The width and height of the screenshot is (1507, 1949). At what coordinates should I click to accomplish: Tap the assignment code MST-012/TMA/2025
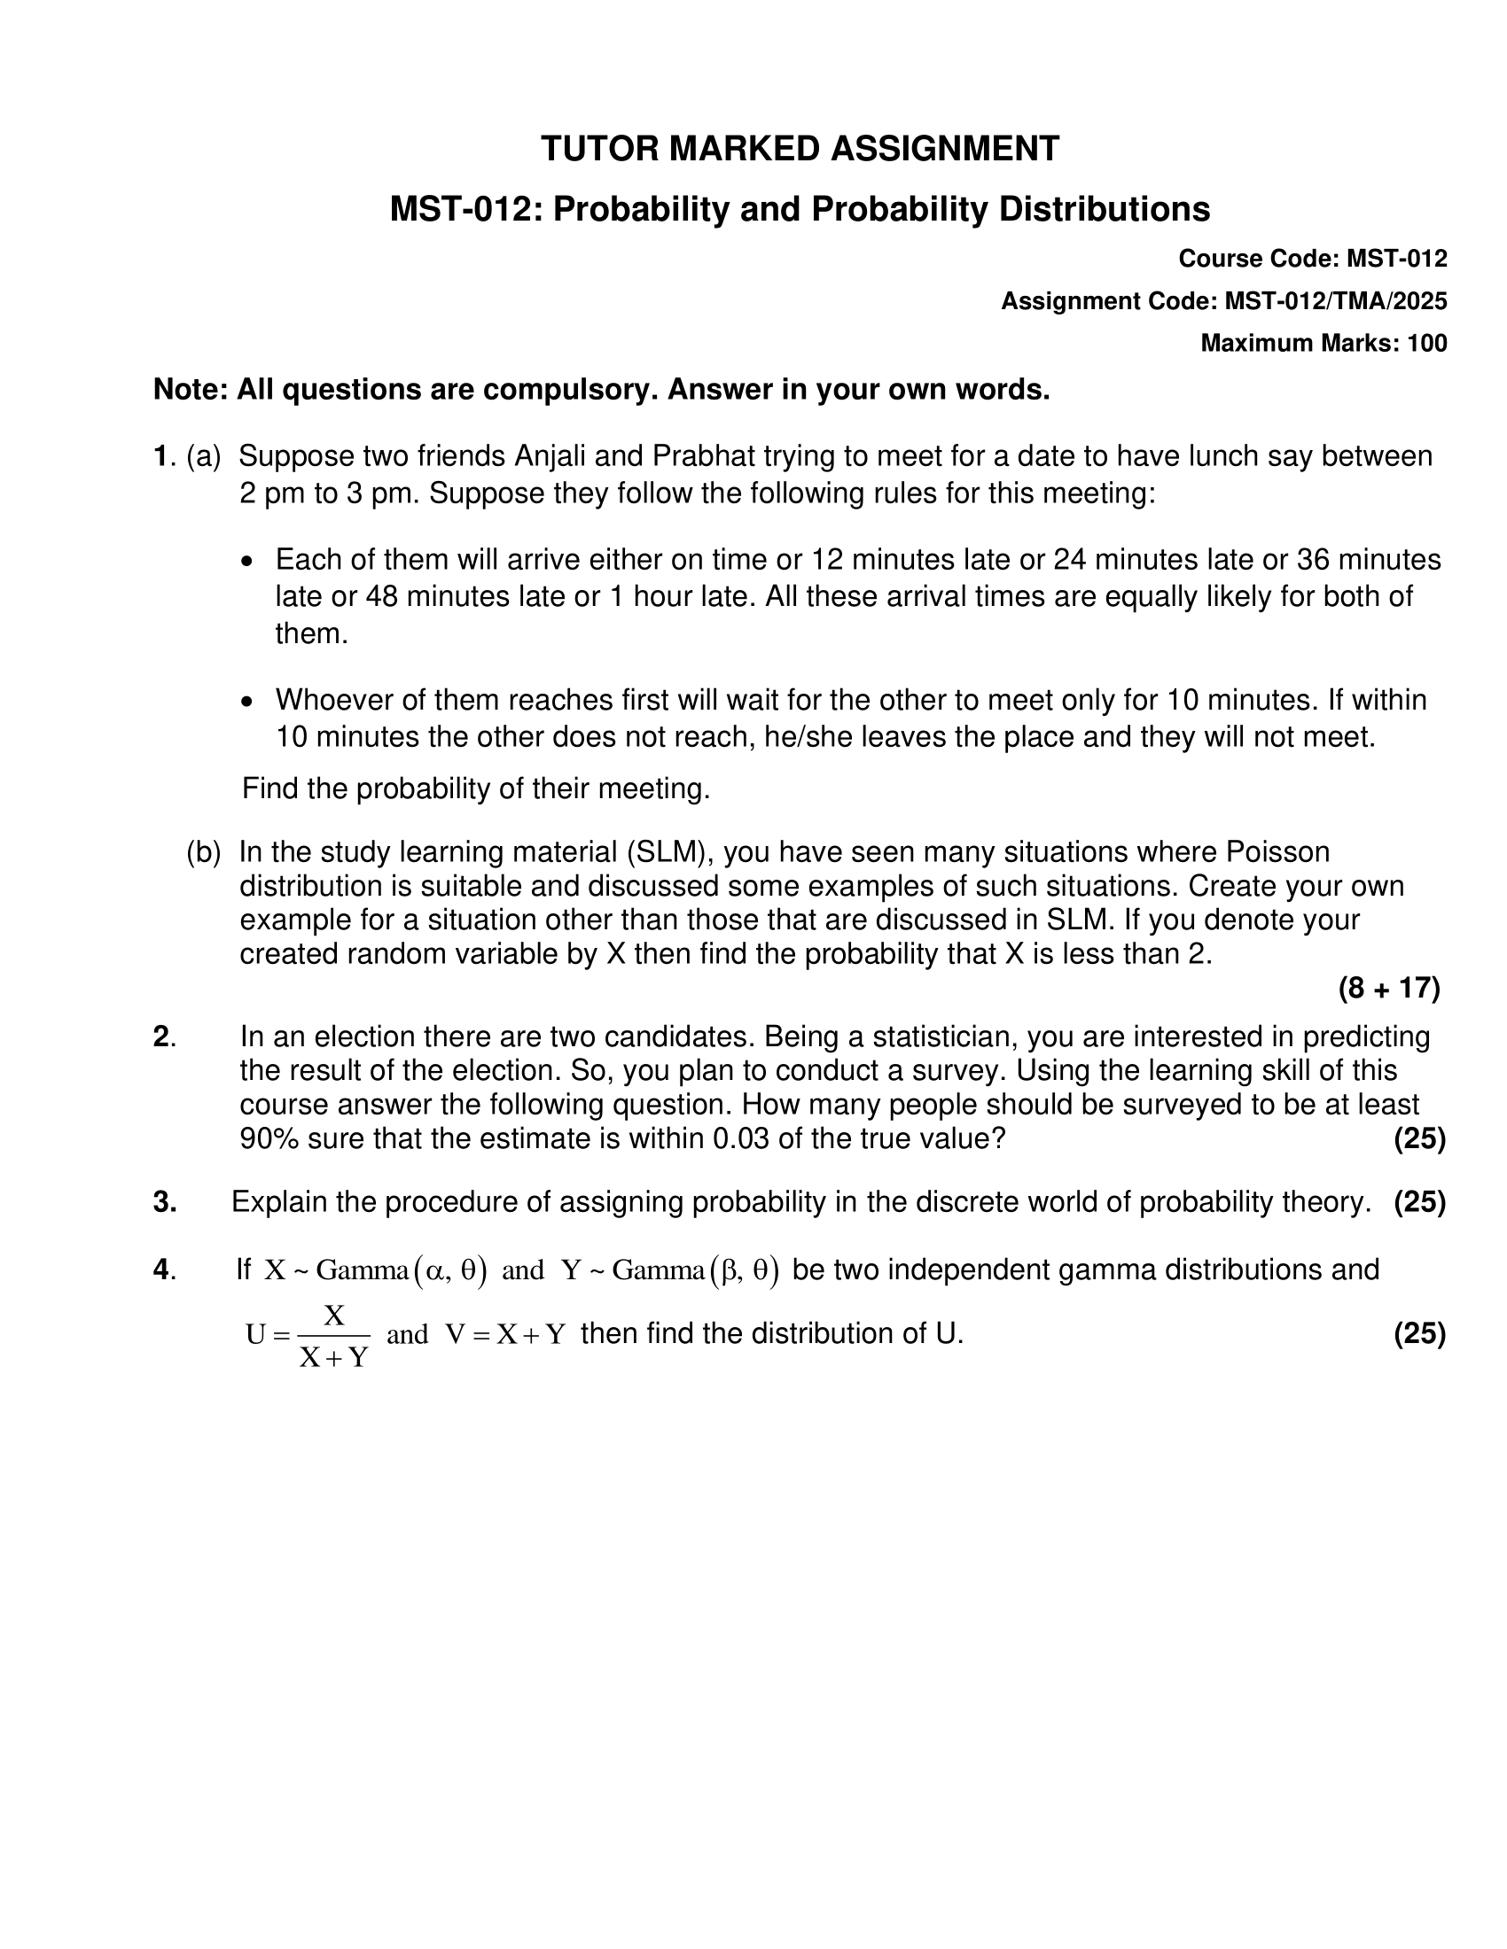coord(1336,301)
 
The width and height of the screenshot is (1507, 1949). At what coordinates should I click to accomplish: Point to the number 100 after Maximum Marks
coord(1426,344)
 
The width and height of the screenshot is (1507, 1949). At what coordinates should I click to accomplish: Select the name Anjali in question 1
coord(550,456)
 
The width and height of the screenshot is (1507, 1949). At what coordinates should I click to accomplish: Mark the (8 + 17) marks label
coord(1389,988)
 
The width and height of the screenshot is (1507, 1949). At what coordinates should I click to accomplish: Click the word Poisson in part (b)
coord(1277,852)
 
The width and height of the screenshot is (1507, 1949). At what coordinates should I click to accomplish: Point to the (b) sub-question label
coord(203,852)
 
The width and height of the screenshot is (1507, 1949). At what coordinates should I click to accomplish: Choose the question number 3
coord(164,1203)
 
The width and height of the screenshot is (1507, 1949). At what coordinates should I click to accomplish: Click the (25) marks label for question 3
coord(1419,1203)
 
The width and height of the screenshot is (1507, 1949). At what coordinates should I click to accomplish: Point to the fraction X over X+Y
coord(334,1335)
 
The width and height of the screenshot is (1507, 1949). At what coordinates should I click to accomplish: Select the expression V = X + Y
coord(505,1334)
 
